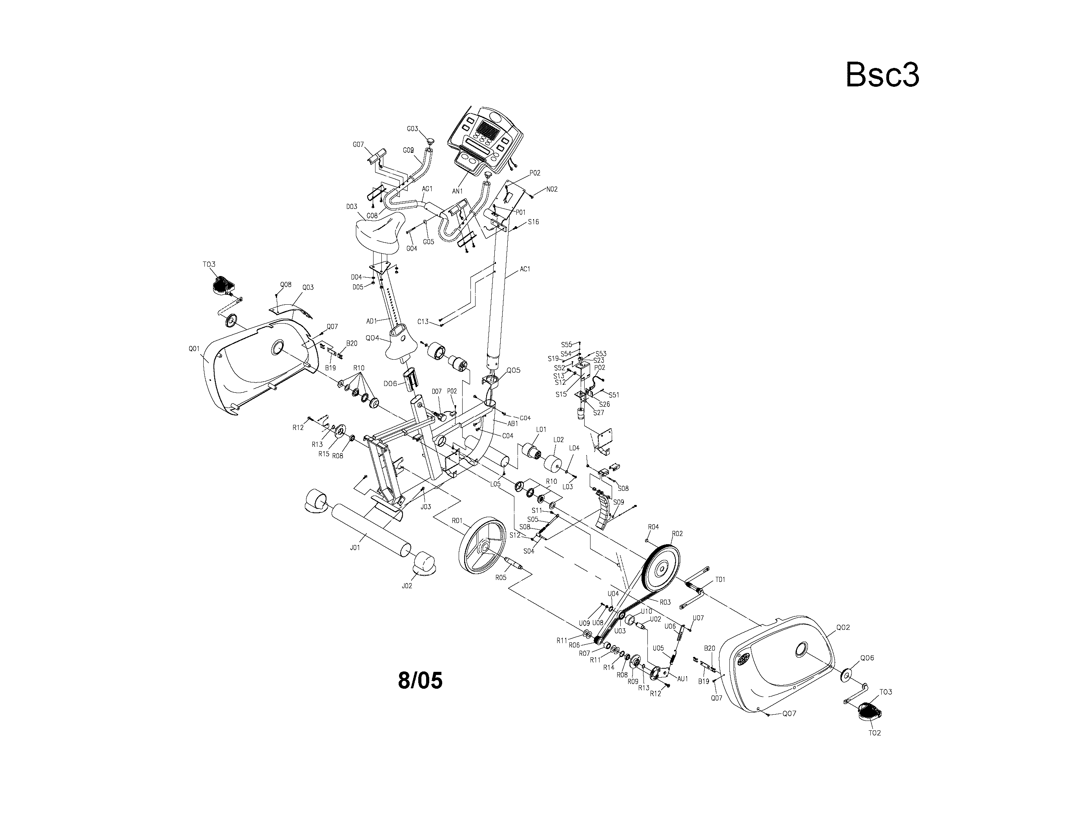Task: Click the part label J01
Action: pyautogui.click(x=355, y=548)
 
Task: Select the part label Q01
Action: pyautogui.click(x=194, y=349)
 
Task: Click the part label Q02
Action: pyautogui.click(x=843, y=627)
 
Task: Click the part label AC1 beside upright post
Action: pyautogui.click(x=525, y=269)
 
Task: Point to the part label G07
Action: pyautogui.click(x=358, y=144)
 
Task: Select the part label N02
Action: pyautogui.click(x=551, y=189)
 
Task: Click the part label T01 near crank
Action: pyautogui.click(x=720, y=580)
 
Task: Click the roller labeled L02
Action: pyautogui.click(x=553, y=464)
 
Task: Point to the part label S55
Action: pyautogui.click(x=566, y=345)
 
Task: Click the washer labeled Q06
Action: pyautogui.click(x=847, y=675)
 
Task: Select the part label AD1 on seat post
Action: pyautogui.click(x=372, y=321)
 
